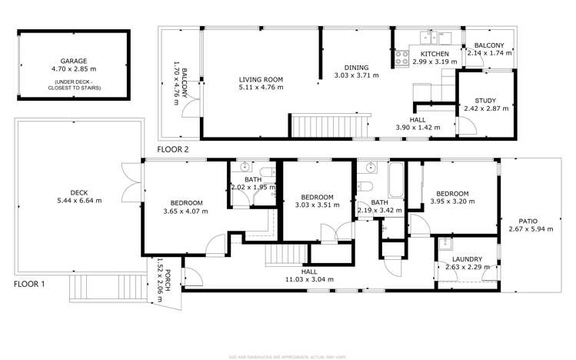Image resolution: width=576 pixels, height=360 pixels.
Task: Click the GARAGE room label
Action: (74, 61)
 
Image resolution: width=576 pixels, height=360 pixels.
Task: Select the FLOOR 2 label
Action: (173, 149)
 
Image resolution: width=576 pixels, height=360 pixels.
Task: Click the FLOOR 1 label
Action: (30, 285)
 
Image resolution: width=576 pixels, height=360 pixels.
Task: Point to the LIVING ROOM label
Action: (261, 79)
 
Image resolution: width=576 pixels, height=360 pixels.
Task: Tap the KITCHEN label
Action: (434, 54)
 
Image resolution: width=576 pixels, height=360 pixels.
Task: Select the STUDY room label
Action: (485, 101)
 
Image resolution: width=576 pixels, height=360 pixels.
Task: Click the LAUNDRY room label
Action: (467, 259)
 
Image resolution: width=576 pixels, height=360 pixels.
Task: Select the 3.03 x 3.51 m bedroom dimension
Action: (316, 205)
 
